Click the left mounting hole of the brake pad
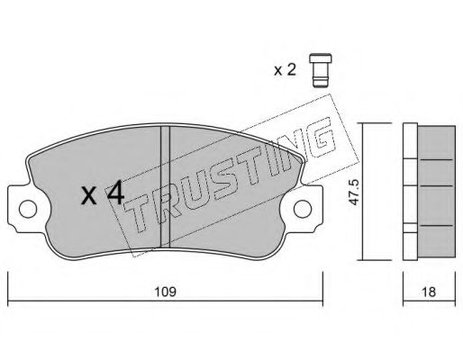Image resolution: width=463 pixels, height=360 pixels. (28, 209)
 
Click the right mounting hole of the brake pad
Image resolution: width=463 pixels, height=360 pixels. (303, 209)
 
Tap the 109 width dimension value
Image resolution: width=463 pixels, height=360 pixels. (165, 292)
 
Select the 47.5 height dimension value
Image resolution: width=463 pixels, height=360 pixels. (354, 192)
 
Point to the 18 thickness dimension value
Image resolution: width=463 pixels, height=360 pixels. (429, 292)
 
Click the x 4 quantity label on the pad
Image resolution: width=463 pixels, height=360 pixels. (103, 193)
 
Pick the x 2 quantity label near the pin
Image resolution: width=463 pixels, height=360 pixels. (285, 70)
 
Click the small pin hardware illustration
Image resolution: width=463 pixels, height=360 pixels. (321, 70)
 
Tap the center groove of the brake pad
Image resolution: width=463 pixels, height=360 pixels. (166, 186)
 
